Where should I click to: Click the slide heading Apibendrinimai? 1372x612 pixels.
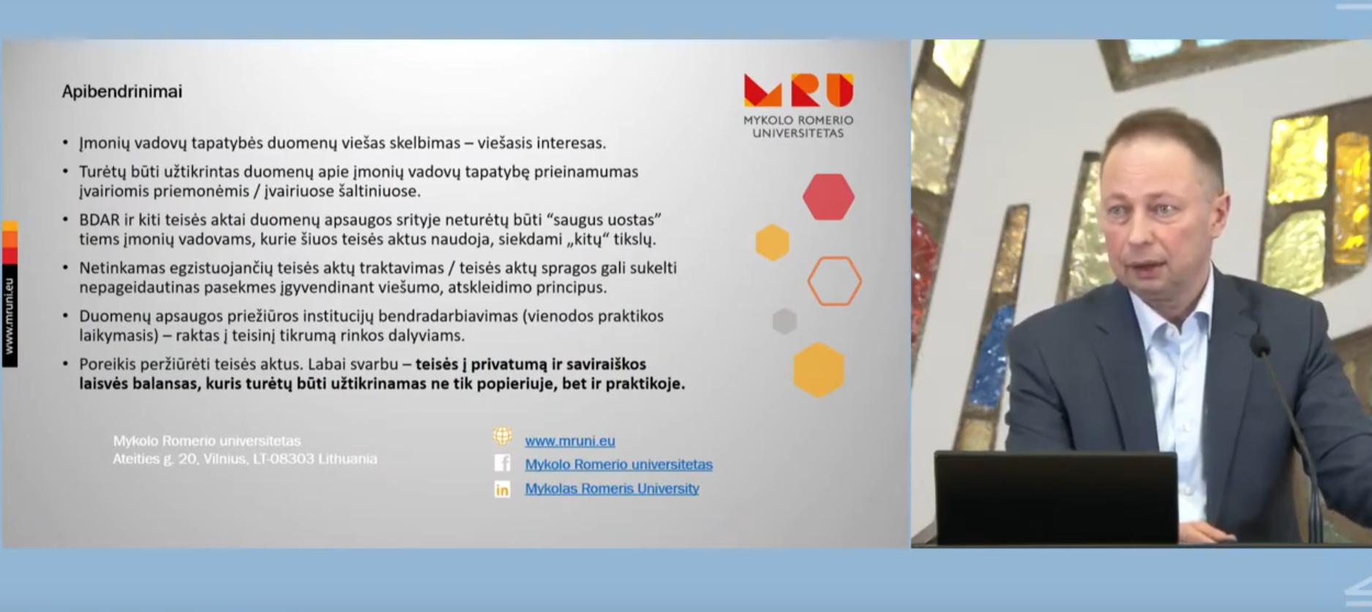pos(121,91)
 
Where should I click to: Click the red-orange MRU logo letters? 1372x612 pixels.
pos(798,90)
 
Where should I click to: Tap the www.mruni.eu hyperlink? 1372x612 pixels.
pos(570,441)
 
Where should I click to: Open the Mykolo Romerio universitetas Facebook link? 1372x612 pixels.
pos(618,464)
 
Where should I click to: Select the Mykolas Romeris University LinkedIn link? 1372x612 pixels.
pos(612,488)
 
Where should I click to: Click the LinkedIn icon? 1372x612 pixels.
pos(502,489)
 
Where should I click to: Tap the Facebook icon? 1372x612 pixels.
pos(502,464)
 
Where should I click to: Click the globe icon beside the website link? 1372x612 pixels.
pos(502,437)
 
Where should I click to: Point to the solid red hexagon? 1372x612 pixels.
pos(828,197)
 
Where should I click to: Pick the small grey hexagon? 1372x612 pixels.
pos(784,321)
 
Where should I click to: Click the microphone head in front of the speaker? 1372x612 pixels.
pos(1260,345)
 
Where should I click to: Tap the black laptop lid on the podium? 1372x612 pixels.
pos(1056,498)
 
